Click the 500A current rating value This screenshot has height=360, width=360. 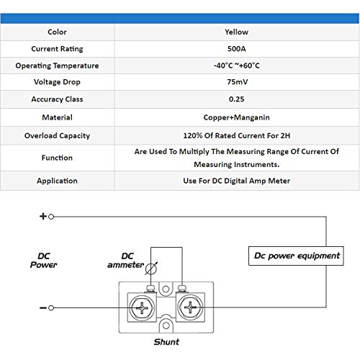[236, 49]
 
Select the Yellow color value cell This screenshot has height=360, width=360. [236, 32]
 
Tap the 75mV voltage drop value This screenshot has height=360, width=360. [237, 82]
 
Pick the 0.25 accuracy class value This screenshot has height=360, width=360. [236, 99]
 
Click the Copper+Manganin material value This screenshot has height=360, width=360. [236, 117]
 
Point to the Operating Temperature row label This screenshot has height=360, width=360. [57, 66]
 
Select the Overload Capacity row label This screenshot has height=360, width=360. [57, 135]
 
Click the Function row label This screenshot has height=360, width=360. [57, 158]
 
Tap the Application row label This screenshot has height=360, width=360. [57, 181]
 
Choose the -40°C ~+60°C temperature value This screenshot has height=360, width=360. [236, 66]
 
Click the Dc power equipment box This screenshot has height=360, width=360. [296, 256]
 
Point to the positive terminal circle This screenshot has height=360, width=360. [51, 217]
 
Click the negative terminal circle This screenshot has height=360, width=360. [51, 308]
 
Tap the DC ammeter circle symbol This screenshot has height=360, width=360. [151, 269]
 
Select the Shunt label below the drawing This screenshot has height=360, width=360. [166, 342]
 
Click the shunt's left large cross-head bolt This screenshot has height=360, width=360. [142, 307]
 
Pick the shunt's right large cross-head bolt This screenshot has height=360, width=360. [190, 307]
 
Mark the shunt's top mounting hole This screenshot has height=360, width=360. [166, 289]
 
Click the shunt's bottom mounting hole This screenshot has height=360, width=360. [166, 326]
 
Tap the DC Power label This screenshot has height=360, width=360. [44, 261]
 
